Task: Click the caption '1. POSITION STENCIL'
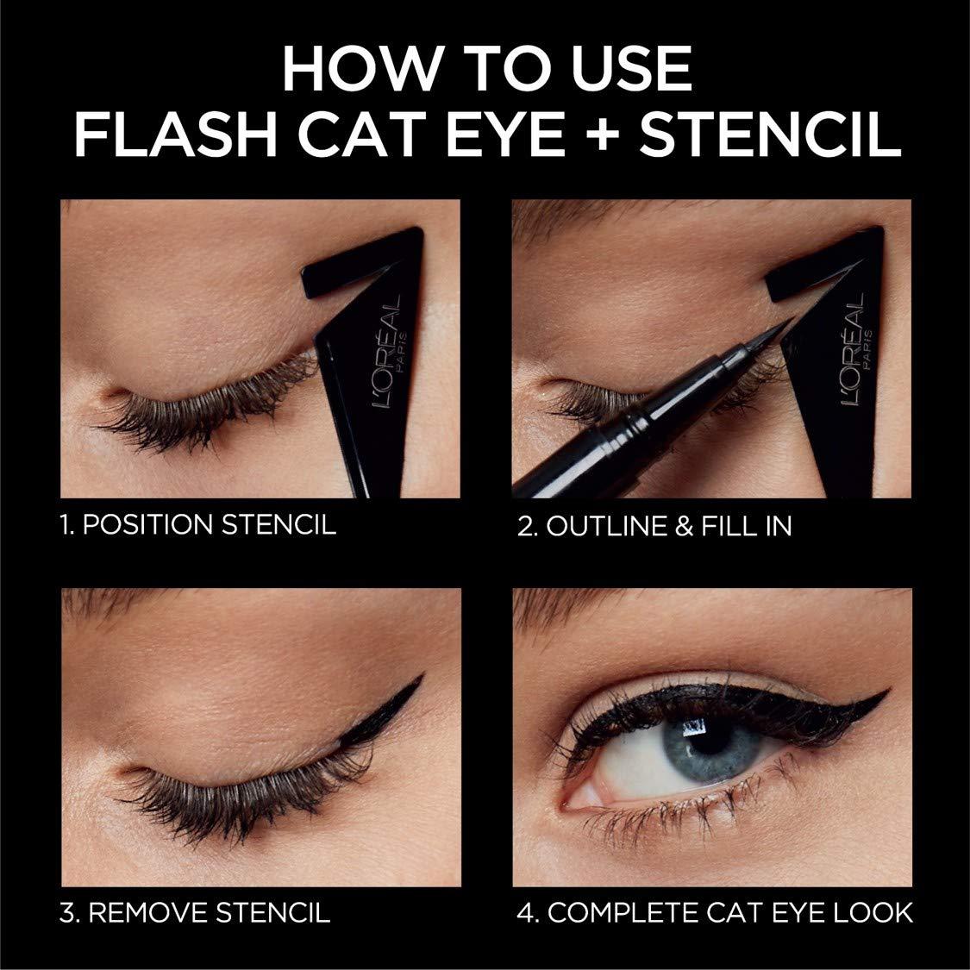tap(197, 525)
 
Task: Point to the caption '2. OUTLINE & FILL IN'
tap(654, 526)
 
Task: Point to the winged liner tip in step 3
tap(420, 675)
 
